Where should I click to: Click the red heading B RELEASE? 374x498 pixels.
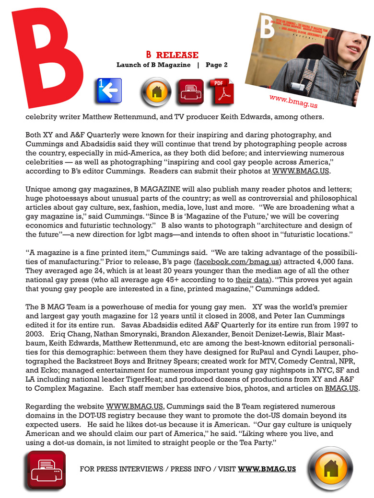point(172,55)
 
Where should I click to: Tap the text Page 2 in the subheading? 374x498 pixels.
point(217,65)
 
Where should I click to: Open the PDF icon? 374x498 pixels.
point(222,92)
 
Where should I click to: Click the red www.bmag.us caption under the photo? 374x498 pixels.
point(293,100)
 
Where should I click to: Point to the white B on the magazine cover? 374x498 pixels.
point(268,28)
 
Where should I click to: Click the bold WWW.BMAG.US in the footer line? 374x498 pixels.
point(267,469)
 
